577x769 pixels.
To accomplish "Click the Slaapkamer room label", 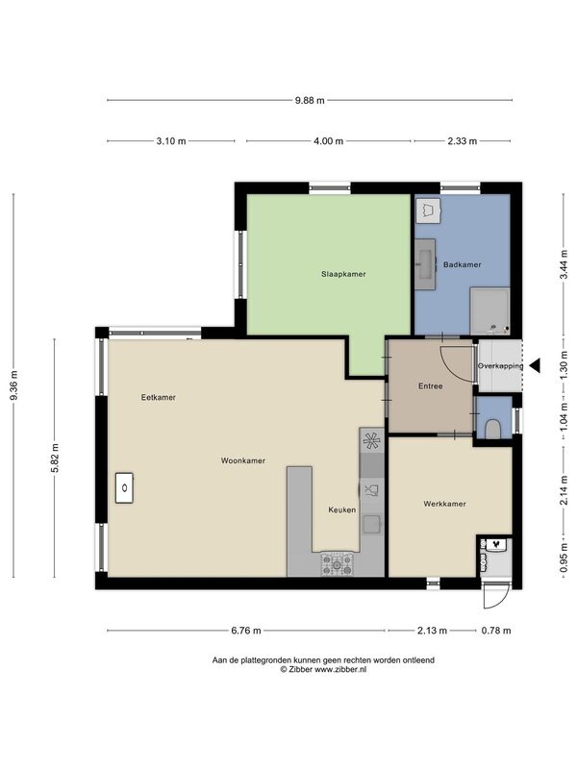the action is [x=343, y=274].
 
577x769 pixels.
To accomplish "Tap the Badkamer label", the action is [x=463, y=265].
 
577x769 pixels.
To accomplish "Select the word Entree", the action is [x=430, y=386].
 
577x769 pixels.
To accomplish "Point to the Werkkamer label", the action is [x=444, y=504].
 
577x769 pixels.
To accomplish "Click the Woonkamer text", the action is [x=243, y=460].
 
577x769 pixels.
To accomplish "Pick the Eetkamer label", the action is [x=159, y=397].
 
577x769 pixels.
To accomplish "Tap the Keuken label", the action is [x=342, y=510].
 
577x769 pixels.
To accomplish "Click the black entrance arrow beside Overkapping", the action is [x=535, y=365].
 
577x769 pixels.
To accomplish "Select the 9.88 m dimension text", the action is [x=310, y=101].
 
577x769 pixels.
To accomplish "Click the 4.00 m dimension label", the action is [x=328, y=141].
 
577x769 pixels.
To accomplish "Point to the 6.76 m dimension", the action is [x=246, y=631].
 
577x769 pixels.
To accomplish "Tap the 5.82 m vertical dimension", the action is [x=55, y=459].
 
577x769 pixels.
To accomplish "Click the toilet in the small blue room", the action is [x=492, y=429].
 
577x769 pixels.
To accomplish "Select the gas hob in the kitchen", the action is [x=338, y=564].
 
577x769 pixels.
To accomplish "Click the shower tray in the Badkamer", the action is [x=490, y=311].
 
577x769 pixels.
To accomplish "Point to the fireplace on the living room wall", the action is [x=125, y=488].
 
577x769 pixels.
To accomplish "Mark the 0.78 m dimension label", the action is [x=496, y=631].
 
